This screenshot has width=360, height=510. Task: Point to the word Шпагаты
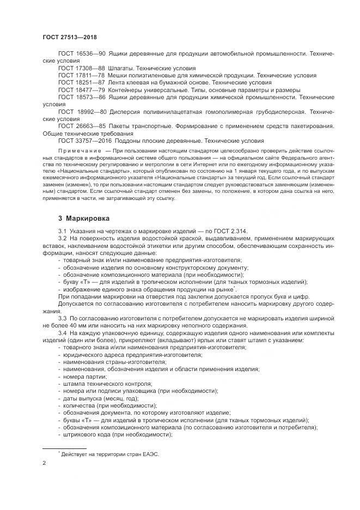tap(123, 69)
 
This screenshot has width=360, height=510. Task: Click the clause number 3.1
tap(63, 232)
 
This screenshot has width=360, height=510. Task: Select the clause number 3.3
tap(63, 317)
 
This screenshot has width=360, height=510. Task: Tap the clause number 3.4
tap(63, 333)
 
